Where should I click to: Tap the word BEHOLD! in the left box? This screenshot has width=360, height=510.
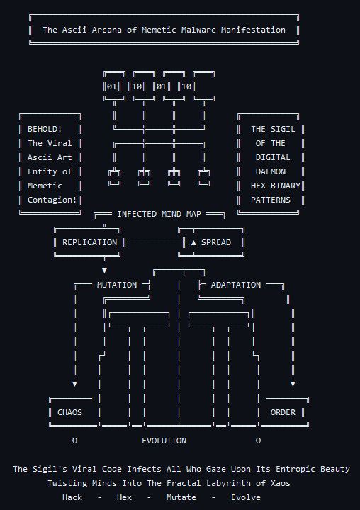click(x=45, y=129)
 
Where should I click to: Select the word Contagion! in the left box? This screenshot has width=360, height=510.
click(x=52, y=200)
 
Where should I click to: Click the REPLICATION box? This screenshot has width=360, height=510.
click(x=89, y=242)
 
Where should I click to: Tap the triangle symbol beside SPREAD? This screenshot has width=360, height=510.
click(x=193, y=242)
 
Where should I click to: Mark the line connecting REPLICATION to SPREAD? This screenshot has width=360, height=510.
click(x=152, y=242)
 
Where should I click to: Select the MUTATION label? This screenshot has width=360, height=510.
click(x=117, y=285)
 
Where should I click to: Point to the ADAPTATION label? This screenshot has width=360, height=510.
click(x=236, y=285)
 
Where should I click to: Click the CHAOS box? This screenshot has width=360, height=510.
click(x=69, y=412)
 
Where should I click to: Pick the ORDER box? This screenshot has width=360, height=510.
click(x=283, y=412)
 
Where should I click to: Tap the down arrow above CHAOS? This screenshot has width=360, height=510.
click(x=74, y=384)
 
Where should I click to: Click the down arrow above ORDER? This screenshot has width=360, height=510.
click(x=293, y=384)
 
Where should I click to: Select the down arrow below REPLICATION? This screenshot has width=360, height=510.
click(x=104, y=271)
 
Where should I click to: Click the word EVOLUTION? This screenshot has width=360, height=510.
click(x=164, y=441)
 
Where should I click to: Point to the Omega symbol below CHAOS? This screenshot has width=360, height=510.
click(x=74, y=441)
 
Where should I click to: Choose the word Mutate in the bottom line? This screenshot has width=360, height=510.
click(x=181, y=497)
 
